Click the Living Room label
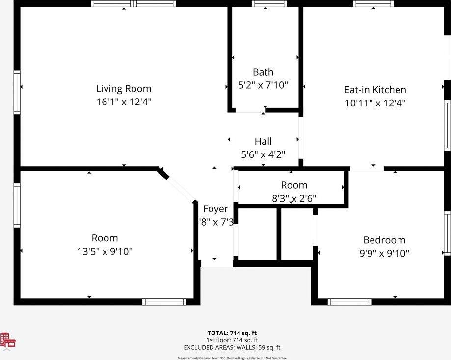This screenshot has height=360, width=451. tap(124, 89)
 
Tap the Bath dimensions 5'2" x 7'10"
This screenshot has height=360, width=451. tap(263, 85)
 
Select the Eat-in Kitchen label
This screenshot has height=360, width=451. tap(375, 90)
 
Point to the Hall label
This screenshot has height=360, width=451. tap(263, 141)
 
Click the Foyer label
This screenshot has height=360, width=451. tap(215, 209)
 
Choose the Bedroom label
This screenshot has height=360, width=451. tap(384, 240)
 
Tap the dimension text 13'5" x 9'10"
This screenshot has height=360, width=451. tap(105, 251)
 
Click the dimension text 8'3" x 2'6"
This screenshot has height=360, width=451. tap(294, 198)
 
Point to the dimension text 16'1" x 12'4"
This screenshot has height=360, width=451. tap(124, 102)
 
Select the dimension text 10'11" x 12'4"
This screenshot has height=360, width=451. tap(375, 103)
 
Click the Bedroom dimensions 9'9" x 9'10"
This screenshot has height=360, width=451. tap(384, 253)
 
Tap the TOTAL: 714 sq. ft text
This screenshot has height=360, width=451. tap(232, 333)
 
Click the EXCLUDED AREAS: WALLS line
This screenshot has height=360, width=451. tap(232, 347)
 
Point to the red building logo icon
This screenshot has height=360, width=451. tap(8, 340)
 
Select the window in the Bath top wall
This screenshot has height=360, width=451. tap(269, 4)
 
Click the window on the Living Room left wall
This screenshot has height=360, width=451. tap(17, 92)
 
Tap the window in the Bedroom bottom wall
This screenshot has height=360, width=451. tap(349, 301)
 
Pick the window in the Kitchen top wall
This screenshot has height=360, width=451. tap(373, 4)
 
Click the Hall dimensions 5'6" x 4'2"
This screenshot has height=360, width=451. tap(263, 154)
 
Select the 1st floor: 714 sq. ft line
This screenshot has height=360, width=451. tap(232, 340)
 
